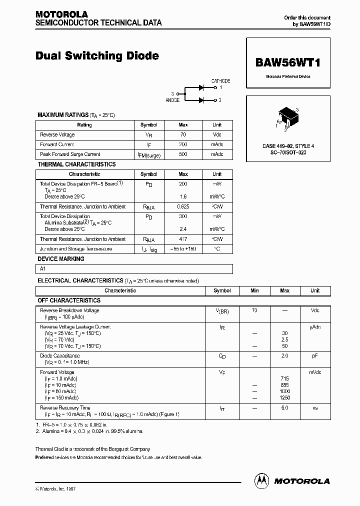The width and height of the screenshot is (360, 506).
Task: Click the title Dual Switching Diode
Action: (97, 56)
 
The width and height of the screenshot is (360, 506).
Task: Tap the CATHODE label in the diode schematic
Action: (220, 81)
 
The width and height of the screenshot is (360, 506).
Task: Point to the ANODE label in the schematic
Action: (172, 100)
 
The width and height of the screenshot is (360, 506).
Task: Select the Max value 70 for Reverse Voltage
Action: (183, 135)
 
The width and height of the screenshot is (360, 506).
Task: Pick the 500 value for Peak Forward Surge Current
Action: (183, 154)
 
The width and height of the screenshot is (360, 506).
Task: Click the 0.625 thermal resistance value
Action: (183, 206)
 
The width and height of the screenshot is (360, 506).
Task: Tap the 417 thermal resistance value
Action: (183, 239)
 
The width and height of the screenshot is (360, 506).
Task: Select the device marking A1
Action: (43, 269)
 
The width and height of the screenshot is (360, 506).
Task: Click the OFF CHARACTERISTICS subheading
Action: (69, 300)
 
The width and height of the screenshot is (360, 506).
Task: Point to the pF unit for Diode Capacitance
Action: (315, 356)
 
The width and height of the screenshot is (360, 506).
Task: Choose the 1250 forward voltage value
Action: (284, 398)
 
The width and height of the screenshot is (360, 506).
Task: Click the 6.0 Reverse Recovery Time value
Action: (284, 408)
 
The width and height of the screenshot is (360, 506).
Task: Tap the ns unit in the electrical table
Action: (315, 408)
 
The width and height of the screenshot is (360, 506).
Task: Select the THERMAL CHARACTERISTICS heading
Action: (76, 164)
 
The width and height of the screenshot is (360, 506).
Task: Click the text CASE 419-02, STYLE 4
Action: (288, 146)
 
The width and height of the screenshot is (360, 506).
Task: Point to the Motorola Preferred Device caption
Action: (288, 76)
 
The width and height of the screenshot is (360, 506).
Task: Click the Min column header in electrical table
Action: (254, 290)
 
